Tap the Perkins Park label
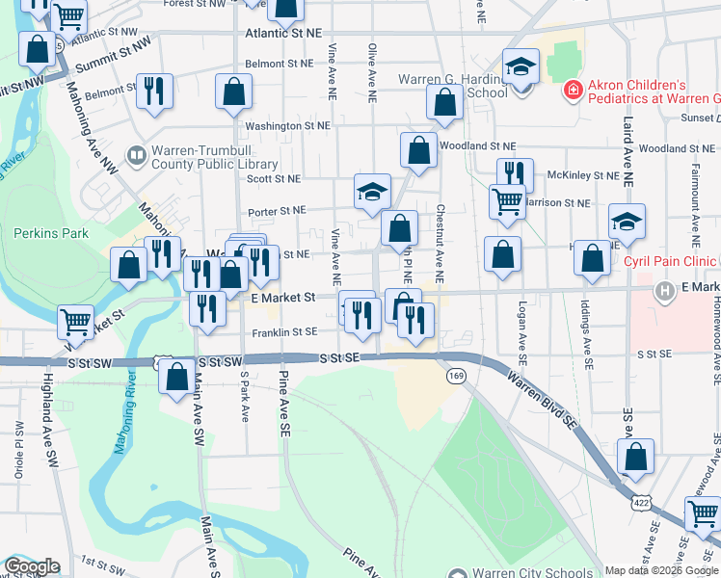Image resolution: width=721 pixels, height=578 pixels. [51, 233]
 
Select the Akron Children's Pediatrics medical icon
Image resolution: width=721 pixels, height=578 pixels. [573, 91]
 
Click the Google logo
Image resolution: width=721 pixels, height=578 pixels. [31, 566]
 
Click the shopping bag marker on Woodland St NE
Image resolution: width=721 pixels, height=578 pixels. [418, 149]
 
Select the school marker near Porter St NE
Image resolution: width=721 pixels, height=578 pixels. [372, 190]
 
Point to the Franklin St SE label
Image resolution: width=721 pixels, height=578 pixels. [284, 331]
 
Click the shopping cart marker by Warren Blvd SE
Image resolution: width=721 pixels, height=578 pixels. [702, 514]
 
